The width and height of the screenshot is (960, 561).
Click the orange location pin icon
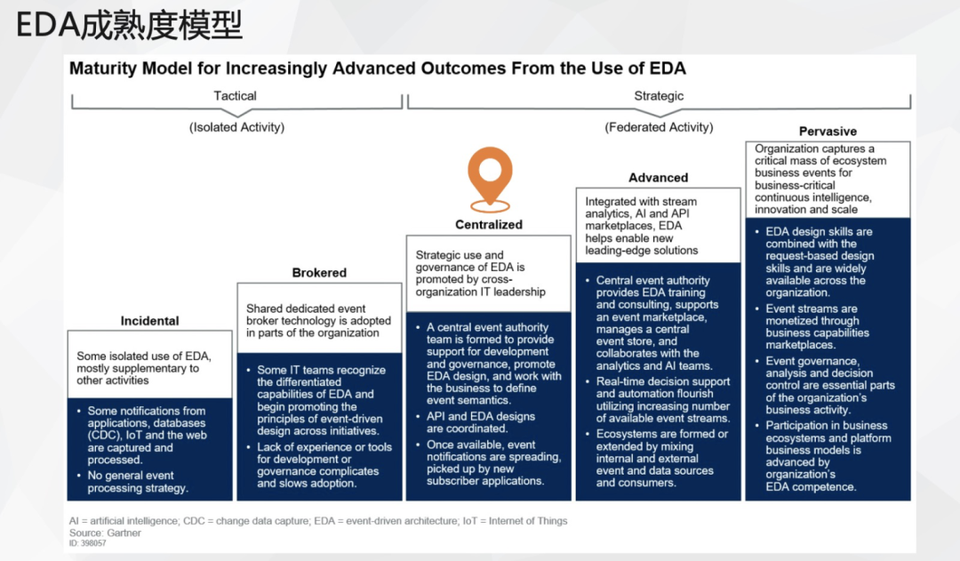[x=490, y=179]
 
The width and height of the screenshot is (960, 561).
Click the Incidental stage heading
[x=150, y=321]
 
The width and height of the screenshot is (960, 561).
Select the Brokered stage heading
[x=319, y=273]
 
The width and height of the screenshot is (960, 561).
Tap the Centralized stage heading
[x=489, y=224]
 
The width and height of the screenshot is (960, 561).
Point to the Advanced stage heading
[x=658, y=178]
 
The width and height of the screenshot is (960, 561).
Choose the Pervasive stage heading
[x=828, y=131]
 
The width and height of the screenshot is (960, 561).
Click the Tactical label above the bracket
[x=235, y=95]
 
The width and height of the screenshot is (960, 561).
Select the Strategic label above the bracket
[x=659, y=95]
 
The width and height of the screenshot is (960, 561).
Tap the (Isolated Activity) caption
[x=237, y=127]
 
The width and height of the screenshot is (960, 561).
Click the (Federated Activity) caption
[x=659, y=127]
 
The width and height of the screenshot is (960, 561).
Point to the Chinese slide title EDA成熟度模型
[x=129, y=26]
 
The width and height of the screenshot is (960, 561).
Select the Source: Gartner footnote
[x=105, y=533]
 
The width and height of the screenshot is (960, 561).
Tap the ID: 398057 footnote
[x=87, y=543]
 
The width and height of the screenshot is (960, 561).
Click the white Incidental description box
[x=150, y=365]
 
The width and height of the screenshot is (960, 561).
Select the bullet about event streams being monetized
[x=812, y=326]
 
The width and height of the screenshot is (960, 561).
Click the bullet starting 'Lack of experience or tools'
[x=319, y=465]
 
